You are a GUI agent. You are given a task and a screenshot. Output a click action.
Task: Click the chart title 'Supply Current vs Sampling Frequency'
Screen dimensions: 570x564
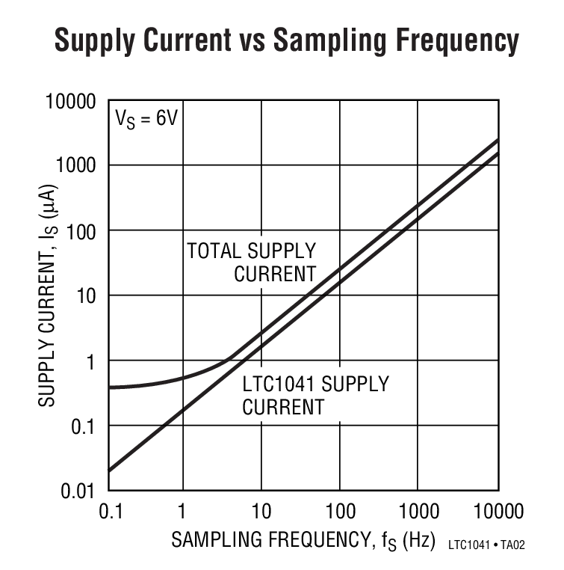[286, 41]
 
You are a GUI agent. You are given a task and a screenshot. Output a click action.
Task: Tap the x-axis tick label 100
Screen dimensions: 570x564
[340, 512]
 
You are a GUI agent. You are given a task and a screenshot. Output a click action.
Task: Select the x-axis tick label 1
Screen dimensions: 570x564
[182, 512]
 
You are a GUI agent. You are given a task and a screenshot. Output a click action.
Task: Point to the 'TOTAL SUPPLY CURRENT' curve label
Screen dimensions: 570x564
[252, 262]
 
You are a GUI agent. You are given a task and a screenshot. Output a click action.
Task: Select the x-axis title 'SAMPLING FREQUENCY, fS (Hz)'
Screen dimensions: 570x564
[303, 540]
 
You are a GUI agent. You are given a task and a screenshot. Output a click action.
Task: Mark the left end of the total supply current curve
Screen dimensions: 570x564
[110, 387]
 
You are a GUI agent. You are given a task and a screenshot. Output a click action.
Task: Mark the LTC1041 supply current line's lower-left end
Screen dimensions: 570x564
[110, 471]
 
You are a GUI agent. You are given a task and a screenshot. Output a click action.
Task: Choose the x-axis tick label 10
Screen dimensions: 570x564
[261, 512]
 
